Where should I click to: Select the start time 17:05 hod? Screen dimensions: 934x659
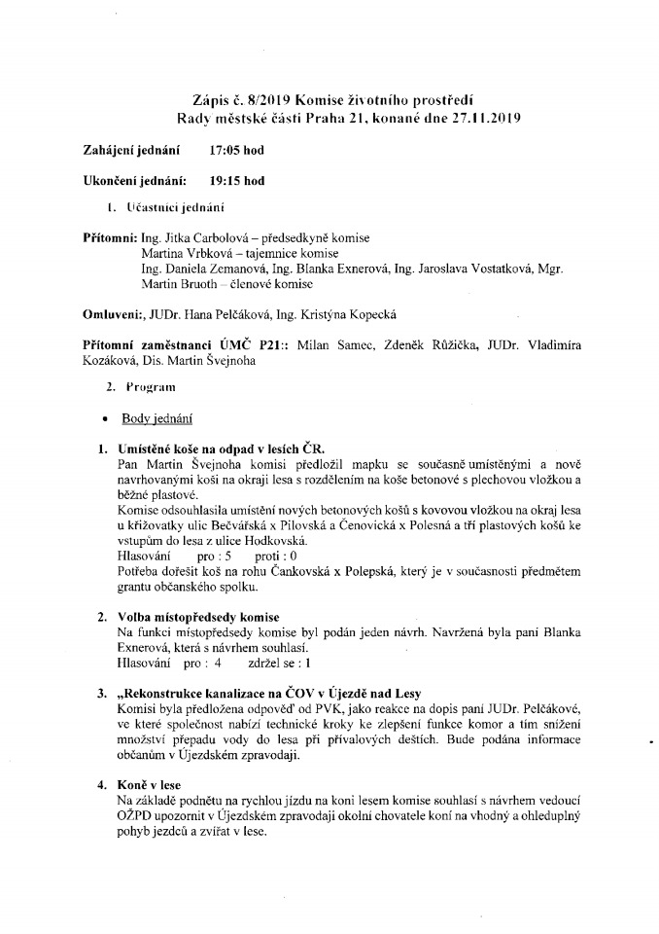pos(236,152)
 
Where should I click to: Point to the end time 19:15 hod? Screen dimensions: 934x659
pos(236,180)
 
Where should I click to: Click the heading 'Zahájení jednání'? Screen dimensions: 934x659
pos(132,152)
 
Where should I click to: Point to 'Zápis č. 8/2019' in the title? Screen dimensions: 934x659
pos(241,102)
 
